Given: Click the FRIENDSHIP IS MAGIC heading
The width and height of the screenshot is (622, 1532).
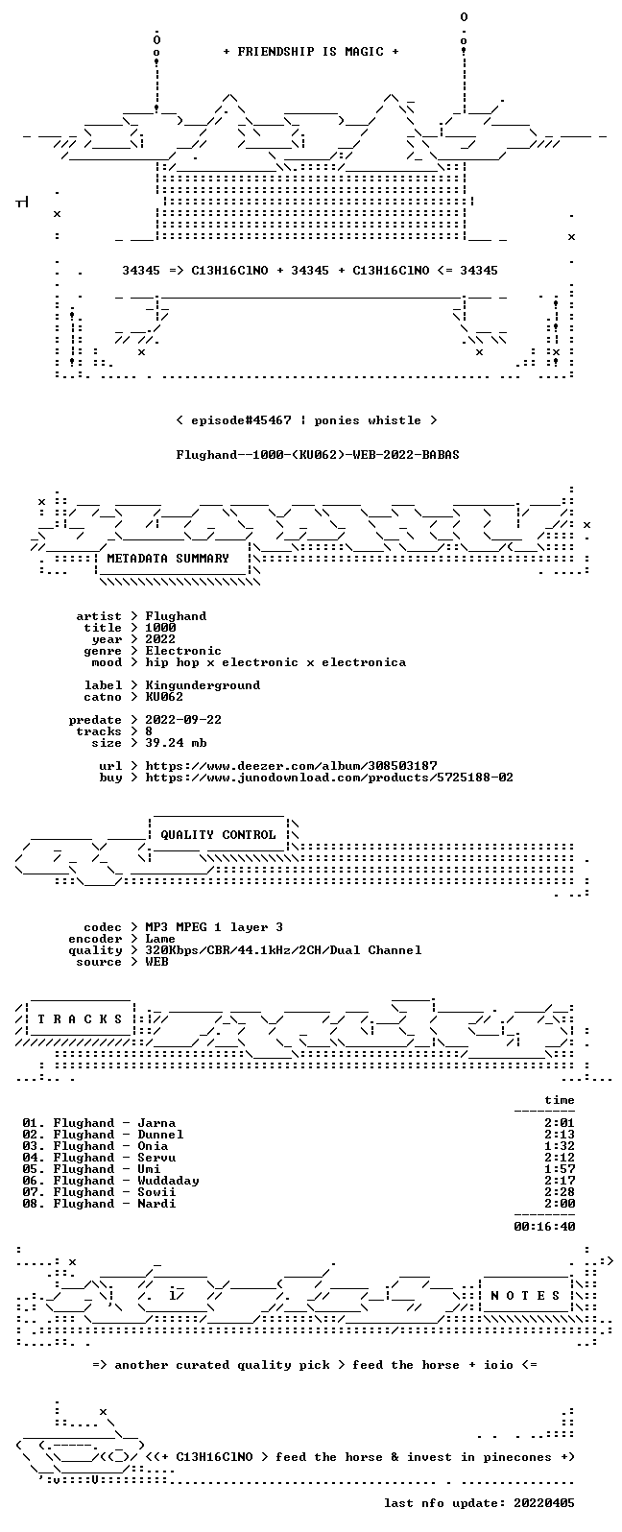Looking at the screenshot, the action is tap(311, 52).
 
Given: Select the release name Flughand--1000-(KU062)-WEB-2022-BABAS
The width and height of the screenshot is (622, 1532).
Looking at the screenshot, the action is tap(318, 455).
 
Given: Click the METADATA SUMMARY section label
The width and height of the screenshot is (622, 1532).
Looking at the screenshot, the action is tap(168, 559).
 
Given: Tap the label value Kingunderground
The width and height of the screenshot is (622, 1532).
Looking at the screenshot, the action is tap(203, 685).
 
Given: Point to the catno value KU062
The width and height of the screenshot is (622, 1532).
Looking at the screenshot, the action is tap(164, 697).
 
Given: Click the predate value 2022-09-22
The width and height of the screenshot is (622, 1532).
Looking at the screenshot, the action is tap(183, 720).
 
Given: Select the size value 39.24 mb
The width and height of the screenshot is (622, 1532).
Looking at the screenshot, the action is tap(176, 743).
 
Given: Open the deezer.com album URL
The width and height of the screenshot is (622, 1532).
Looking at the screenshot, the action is tap(291, 766).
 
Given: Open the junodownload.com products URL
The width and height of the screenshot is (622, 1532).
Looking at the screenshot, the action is tap(329, 778).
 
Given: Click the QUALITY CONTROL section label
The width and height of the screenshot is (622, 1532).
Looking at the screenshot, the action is tap(218, 835).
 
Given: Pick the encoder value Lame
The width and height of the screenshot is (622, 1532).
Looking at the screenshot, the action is tap(160, 939).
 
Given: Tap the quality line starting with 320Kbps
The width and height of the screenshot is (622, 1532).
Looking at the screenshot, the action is tap(283, 950).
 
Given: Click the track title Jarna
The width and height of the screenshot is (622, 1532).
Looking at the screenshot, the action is tap(156, 1123).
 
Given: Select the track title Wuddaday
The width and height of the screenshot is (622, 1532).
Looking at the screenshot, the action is tap(168, 1181).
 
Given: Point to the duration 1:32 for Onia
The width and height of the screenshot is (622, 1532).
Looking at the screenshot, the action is tap(560, 1146).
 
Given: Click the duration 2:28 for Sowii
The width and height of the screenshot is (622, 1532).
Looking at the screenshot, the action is tap(560, 1192).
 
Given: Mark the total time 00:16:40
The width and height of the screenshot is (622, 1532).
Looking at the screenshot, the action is tap(544, 1227).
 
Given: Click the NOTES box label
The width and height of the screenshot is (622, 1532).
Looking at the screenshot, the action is tap(525, 1296).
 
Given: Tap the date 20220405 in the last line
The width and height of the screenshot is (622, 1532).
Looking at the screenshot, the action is tap(544, 1502).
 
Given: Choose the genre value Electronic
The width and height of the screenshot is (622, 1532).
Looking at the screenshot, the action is tap(183, 651).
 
